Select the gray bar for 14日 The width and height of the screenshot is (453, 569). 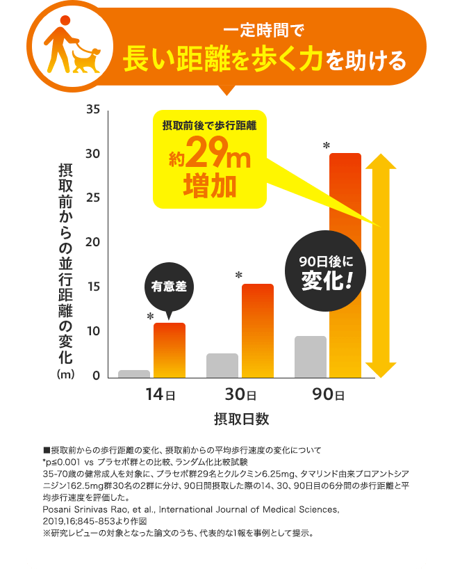134,374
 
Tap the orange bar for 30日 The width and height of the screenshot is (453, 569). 258,330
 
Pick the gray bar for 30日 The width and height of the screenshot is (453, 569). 222,365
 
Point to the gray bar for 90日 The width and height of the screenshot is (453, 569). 310,357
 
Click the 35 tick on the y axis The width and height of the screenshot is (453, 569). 93,110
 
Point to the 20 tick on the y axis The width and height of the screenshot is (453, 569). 93,243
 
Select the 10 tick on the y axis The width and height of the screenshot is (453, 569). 93,331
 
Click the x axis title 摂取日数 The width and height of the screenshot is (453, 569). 241,419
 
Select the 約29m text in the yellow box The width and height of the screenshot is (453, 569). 209,157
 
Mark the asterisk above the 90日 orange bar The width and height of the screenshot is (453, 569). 326,145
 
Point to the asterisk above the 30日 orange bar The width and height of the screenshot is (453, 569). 239,276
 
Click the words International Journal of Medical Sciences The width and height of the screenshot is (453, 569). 249,510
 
